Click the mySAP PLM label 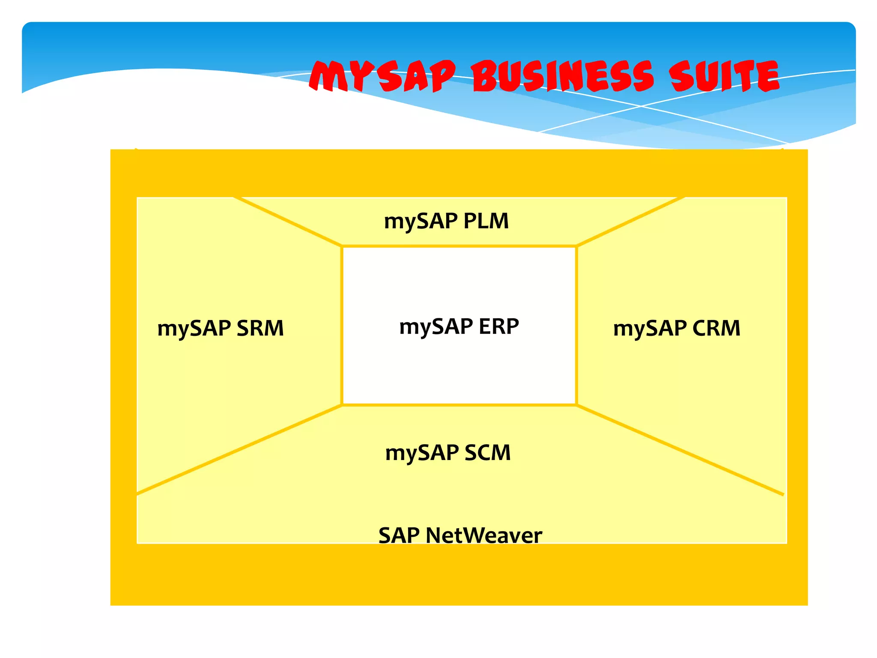tap(446, 221)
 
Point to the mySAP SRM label tap(221, 329)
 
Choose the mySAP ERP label tap(459, 327)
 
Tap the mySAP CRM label tap(677, 329)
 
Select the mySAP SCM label tap(448, 453)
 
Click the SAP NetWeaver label tap(460, 535)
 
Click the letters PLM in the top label tap(486, 221)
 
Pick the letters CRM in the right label tap(716, 329)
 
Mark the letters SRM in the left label tap(260, 329)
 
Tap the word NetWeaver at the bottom tap(484, 535)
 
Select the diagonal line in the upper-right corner tap(630, 221)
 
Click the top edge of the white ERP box tap(459, 246)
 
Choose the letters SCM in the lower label tap(487, 453)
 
